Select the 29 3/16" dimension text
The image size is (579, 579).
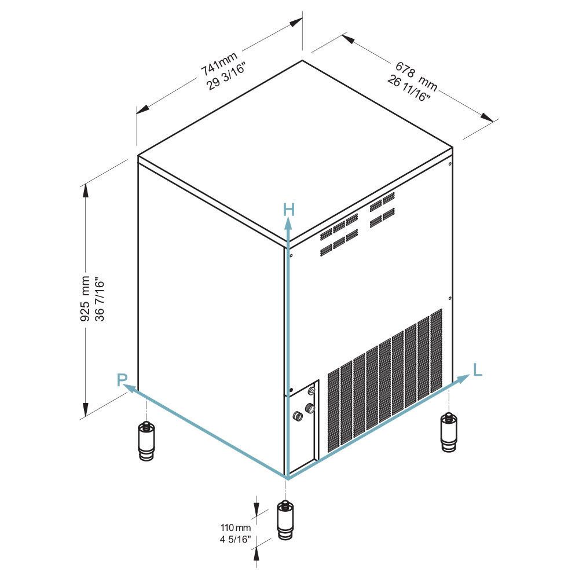point(226,76)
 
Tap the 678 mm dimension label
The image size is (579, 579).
point(416,76)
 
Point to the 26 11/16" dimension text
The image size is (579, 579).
point(409,89)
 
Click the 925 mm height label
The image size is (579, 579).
point(85,298)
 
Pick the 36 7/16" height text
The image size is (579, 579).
point(100,299)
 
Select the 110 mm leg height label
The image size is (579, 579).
point(236,527)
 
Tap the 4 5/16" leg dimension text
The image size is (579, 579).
point(236,539)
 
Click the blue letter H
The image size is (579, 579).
point(289,210)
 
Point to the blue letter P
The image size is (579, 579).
point(122,379)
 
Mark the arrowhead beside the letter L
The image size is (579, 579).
point(463,379)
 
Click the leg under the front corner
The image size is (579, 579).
point(285,520)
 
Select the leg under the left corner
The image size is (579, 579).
point(146,441)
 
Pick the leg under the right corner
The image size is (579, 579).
point(449,432)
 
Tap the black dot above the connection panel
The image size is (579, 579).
point(291,390)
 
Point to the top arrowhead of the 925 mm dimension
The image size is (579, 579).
point(86,190)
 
